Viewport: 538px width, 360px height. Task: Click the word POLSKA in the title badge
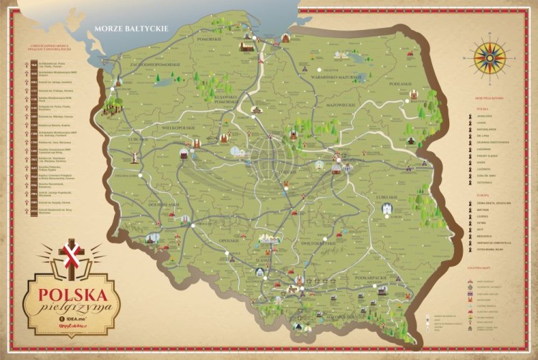point(73,294)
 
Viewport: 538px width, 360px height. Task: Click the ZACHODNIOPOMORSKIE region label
point(153,63)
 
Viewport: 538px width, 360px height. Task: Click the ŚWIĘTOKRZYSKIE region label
point(319,244)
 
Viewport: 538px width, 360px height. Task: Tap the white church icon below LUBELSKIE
point(388,209)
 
